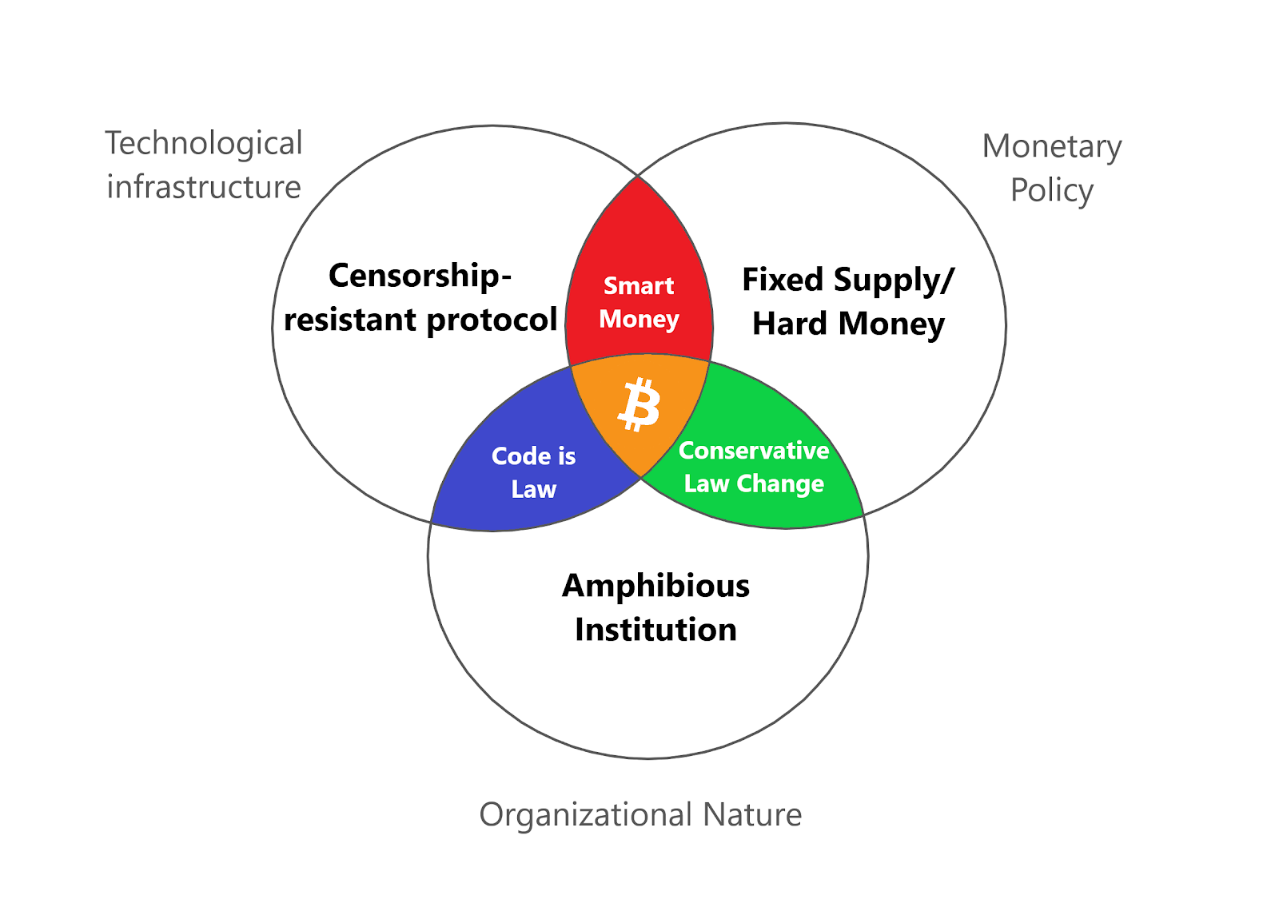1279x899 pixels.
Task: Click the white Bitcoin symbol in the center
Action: point(639,405)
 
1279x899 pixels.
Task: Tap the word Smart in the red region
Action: point(639,286)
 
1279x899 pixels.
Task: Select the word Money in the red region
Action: point(639,319)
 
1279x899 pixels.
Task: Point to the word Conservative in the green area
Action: point(754,451)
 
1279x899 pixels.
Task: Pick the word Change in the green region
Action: point(780,484)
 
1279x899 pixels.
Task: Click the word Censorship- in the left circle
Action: point(420,276)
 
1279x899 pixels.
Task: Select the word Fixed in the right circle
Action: point(783,280)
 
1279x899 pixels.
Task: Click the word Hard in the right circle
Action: point(790,324)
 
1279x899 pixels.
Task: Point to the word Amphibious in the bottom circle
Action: point(655,586)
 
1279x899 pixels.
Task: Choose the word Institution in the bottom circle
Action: point(655,630)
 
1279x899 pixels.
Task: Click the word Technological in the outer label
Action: point(204,144)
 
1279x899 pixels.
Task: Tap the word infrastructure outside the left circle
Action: point(204,188)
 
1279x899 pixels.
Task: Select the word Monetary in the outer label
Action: point(1052,147)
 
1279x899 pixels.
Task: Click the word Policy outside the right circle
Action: point(1052,191)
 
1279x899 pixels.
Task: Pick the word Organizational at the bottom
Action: point(585,815)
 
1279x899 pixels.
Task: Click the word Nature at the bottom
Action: point(752,815)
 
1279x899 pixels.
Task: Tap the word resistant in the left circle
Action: point(351,320)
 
